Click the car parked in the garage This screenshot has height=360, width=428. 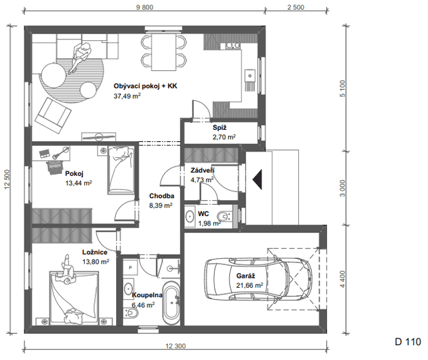[x=258, y=279]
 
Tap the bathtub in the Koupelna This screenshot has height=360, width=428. [x=171, y=303]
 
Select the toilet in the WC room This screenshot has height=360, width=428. [x=225, y=216]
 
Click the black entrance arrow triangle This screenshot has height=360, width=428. [x=257, y=179]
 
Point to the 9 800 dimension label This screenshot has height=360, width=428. [x=144, y=7]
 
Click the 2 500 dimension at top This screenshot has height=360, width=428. [x=296, y=7]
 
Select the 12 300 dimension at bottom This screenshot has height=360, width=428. [x=175, y=346]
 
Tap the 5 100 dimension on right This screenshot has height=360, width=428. [x=343, y=88]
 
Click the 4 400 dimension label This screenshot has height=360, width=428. [x=343, y=279]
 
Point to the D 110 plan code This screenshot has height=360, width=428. [x=408, y=342]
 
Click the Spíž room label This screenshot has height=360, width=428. [x=220, y=128]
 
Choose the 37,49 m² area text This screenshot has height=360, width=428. [x=127, y=96]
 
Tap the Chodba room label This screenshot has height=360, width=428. [x=162, y=196]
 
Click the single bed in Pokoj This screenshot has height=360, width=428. [x=121, y=170]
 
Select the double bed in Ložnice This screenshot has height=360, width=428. [x=74, y=298]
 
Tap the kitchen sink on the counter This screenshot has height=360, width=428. [x=249, y=75]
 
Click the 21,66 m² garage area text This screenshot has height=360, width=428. [x=249, y=285]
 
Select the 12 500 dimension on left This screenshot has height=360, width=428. [x=7, y=179]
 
